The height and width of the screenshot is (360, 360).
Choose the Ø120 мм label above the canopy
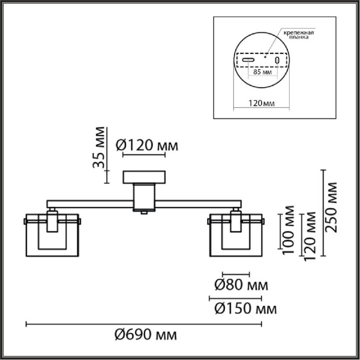pyautogui.click(x=146, y=145)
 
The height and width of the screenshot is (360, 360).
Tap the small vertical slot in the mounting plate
pyautogui.click(x=277, y=61)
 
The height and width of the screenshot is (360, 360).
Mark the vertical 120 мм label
pyautogui.click(x=311, y=234)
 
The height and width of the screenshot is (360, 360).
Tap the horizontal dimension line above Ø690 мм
pyautogui.click(x=143, y=324)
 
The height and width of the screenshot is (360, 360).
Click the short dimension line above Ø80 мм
pyautogui.click(x=235, y=272)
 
